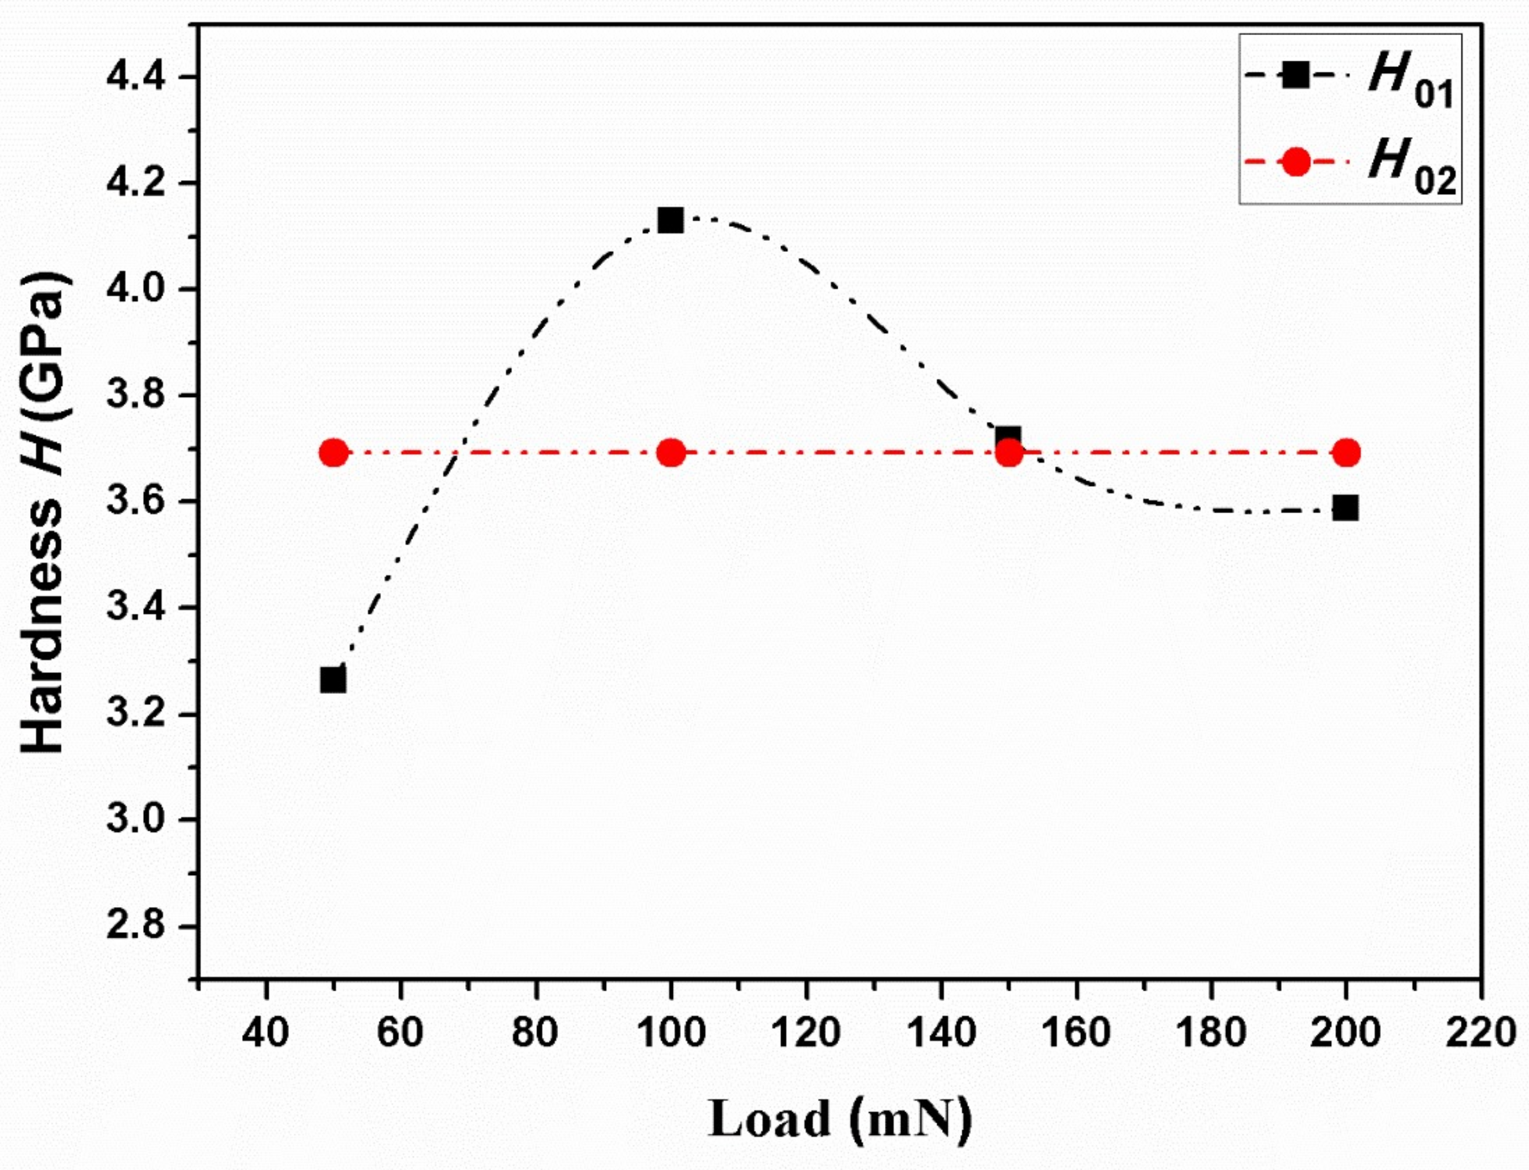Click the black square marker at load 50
coord(333,680)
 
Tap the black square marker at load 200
coord(1345,508)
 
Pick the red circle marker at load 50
coord(333,453)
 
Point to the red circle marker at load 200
coord(1346,453)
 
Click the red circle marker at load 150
coord(1008,453)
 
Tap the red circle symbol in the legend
coord(1295,162)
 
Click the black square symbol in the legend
coord(1295,75)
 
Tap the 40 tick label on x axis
coord(265,1033)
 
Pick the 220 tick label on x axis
coord(1480,1033)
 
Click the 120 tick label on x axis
coord(805,1033)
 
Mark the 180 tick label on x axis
coord(1211,1033)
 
